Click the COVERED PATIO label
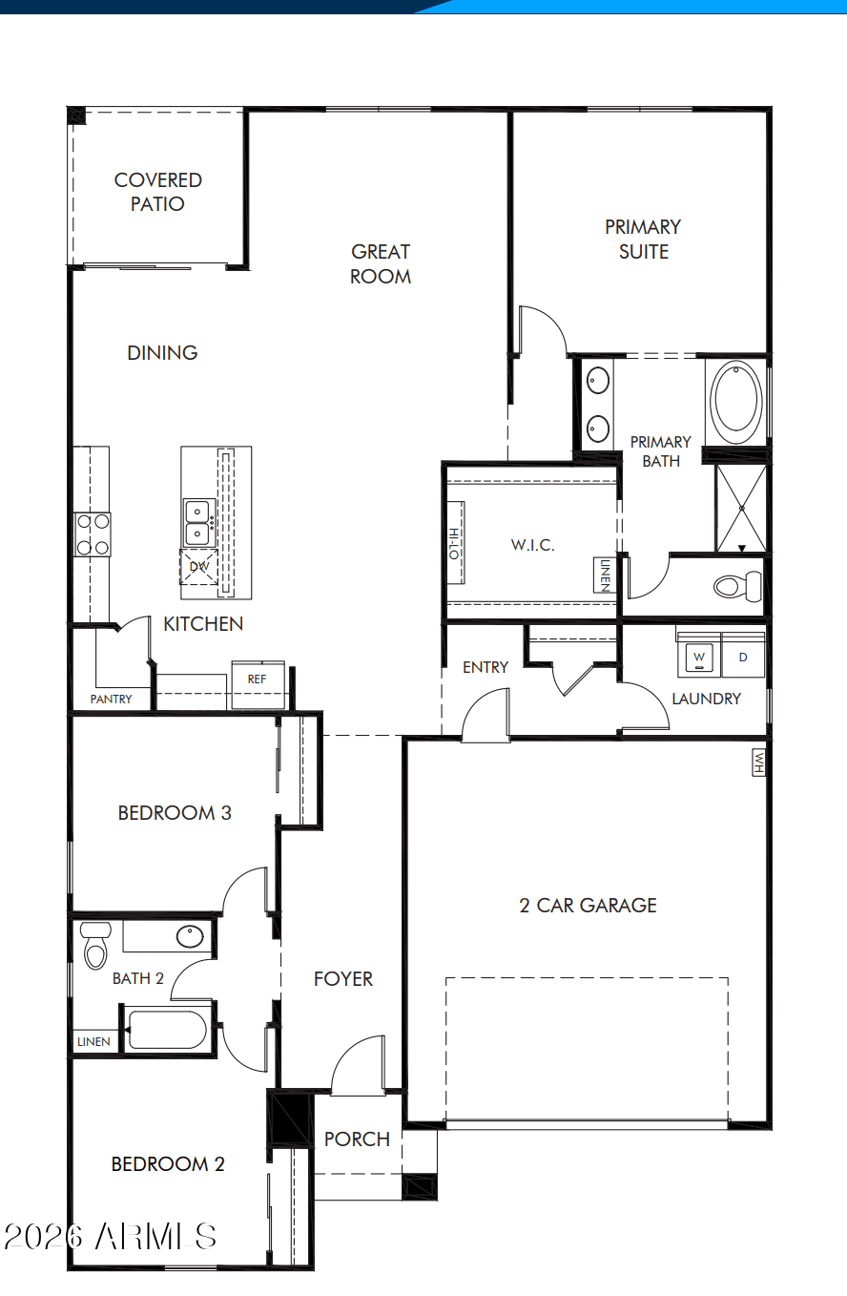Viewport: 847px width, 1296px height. point(157,192)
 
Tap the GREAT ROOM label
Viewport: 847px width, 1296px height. point(381,263)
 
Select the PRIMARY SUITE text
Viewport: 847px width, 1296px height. point(643,239)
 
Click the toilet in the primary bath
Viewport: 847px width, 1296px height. point(738,586)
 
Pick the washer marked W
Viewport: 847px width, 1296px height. point(699,657)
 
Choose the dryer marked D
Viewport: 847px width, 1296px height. point(743,657)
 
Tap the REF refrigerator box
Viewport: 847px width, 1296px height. point(258,685)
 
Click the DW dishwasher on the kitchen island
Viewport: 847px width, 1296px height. point(199,567)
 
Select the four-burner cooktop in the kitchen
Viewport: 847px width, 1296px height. point(93,534)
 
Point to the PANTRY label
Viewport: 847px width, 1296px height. point(111,699)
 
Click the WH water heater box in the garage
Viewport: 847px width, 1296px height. point(758,763)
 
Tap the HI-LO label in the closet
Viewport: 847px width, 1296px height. point(454,544)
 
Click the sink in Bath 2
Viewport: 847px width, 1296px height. point(190,937)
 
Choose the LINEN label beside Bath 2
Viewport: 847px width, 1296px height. point(93,1042)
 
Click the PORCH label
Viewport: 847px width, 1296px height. point(357,1139)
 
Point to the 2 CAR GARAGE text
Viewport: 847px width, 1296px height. point(588,906)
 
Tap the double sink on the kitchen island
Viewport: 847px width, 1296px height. point(198,523)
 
